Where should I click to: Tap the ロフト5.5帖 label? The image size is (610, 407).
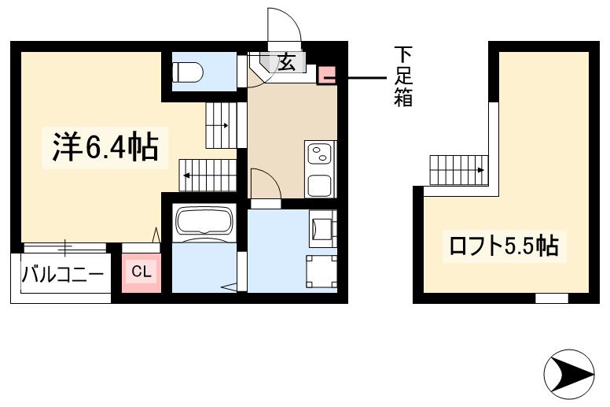click(503, 246)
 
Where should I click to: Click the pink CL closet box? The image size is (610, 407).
click(141, 272)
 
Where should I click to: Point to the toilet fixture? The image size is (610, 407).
click(189, 72)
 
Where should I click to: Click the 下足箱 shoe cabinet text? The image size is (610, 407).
click(403, 77)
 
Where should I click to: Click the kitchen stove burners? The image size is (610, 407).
click(320, 153)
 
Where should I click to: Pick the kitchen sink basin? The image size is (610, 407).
click(320, 185)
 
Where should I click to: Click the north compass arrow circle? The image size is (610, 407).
click(568, 372)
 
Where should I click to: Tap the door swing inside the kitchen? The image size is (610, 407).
click(264, 184)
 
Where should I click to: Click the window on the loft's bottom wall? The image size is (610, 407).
click(551, 298)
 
